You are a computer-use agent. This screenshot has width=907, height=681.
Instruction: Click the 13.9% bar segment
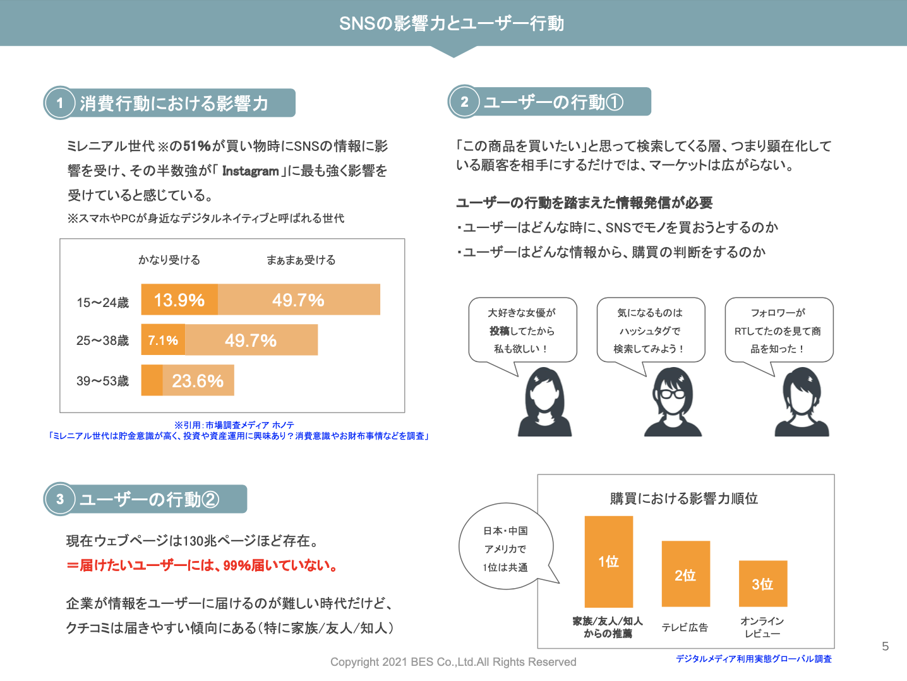[x=179, y=299]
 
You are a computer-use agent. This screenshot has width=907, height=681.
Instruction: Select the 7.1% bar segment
[x=163, y=340]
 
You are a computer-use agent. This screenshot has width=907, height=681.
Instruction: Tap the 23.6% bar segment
[x=198, y=380]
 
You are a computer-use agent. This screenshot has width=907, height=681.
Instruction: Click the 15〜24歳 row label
[x=102, y=303]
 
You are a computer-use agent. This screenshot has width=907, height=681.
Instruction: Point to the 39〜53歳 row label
[x=102, y=381]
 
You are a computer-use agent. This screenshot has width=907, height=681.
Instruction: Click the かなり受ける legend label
[x=169, y=260]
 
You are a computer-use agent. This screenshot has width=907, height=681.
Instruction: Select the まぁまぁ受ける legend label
[x=301, y=260]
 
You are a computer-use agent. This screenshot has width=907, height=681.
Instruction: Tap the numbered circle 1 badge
[x=60, y=103]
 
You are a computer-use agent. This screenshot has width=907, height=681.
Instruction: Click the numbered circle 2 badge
[x=464, y=102]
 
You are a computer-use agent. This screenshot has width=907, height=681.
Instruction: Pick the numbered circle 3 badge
[x=60, y=499]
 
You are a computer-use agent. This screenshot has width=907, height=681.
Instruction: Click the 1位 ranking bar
[x=608, y=562]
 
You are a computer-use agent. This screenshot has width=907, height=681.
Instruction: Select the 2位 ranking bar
[x=685, y=574]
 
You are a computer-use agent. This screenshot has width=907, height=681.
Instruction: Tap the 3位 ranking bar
[x=762, y=584]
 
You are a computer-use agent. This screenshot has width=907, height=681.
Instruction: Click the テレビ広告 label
[x=685, y=627]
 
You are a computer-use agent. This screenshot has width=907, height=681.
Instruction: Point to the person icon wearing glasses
[x=673, y=402]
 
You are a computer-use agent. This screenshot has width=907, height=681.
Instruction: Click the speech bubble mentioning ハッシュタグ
[x=651, y=330]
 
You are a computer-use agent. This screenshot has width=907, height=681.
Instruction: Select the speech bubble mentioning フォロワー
[x=779, y=330]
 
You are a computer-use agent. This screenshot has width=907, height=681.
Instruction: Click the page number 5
[x=885, y=646]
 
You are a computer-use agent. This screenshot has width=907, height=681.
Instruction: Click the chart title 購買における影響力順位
[x=684, y=498]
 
